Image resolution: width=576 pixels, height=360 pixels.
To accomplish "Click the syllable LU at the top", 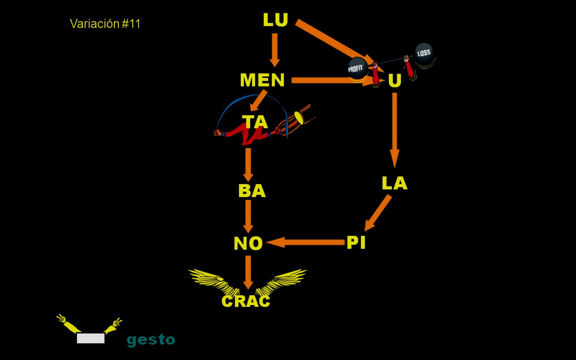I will coord(275,20).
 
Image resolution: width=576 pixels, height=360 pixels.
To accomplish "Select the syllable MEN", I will coord(262,81).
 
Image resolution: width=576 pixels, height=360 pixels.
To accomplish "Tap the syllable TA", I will coord(255,122).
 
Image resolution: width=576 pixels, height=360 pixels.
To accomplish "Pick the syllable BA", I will coord(252,191).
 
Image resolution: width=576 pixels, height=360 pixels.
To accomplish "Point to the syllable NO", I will coord(248,244).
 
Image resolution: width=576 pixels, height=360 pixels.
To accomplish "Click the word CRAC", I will coord(246,301).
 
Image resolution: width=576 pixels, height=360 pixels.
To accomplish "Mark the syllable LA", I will coord(394,184).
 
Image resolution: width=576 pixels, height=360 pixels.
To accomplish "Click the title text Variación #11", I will coord(105,24).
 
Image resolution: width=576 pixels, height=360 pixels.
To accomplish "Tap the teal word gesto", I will coord(151,340).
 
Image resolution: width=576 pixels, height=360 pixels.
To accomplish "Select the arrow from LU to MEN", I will coord(274,49).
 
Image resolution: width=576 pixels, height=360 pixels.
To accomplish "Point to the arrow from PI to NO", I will coord(306,243).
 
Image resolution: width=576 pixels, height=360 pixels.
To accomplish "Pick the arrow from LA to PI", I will coord(378,213).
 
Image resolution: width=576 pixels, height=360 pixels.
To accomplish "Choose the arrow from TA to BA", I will coord(248,164).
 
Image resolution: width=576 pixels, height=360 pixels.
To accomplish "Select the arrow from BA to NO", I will coord(248,216).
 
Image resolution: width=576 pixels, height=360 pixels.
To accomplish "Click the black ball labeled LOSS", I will coord(424,54).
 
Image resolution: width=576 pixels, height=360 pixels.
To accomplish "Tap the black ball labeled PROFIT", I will coord(357,68).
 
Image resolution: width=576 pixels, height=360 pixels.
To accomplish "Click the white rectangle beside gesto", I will coord(90,338).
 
